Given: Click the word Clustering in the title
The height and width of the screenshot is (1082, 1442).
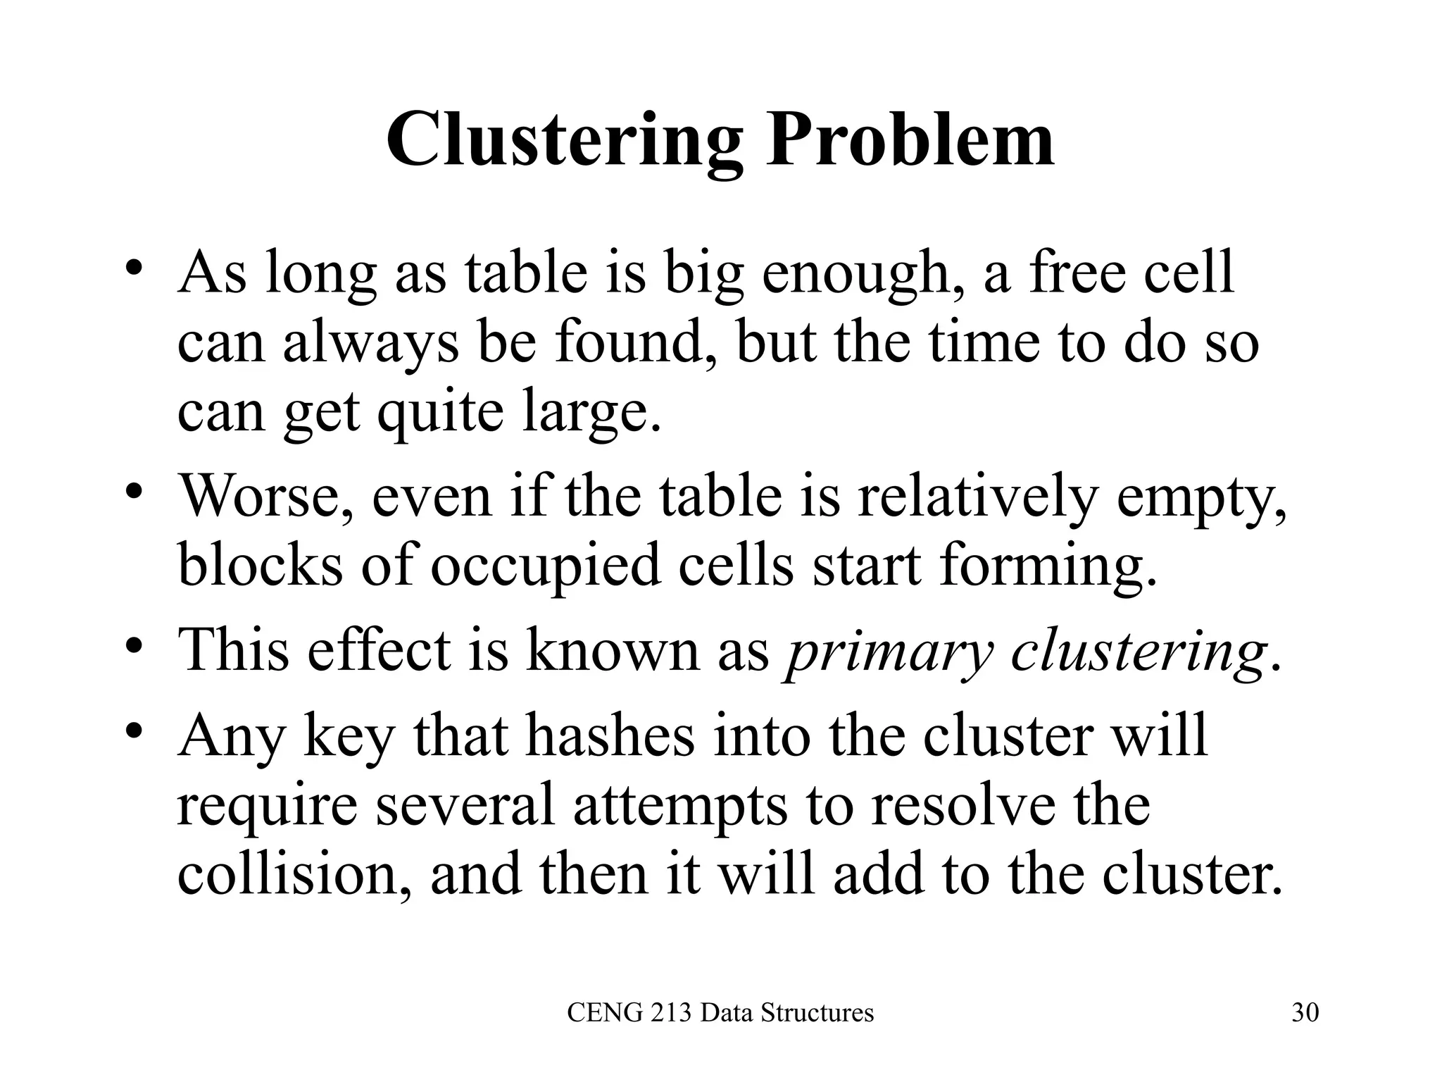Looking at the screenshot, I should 564,140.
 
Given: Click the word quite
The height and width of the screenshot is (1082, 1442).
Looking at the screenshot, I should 440,411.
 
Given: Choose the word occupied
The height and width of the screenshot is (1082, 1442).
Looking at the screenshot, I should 546,566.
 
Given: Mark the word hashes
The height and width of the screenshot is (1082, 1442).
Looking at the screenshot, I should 609,735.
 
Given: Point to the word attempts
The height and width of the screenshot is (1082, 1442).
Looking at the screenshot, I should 680,804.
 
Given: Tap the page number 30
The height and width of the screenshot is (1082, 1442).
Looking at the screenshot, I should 1305,1012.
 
